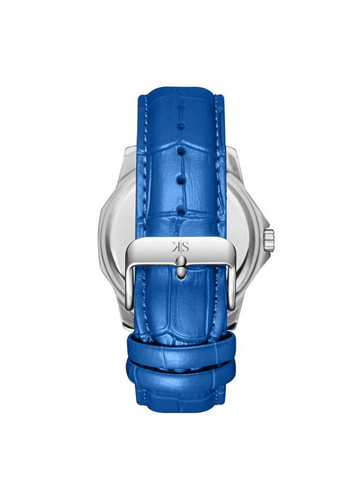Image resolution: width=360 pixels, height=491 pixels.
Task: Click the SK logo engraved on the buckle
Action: (181, 247)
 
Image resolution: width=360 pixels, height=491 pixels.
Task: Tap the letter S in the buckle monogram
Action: (185, 247)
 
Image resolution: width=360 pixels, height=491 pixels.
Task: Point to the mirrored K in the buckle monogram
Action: (175, 247)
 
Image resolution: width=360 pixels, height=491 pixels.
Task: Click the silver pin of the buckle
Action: (181, 267)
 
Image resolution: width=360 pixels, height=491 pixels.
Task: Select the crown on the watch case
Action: (269, 240)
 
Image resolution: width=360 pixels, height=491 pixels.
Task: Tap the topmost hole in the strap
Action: (181, 107)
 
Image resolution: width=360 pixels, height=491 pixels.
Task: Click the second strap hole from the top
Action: (181, 127)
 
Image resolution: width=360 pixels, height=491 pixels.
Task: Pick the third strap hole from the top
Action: (181, 152)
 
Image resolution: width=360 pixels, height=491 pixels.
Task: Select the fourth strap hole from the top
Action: (181, 179)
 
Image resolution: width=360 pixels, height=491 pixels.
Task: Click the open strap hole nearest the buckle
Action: (181, 210)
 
